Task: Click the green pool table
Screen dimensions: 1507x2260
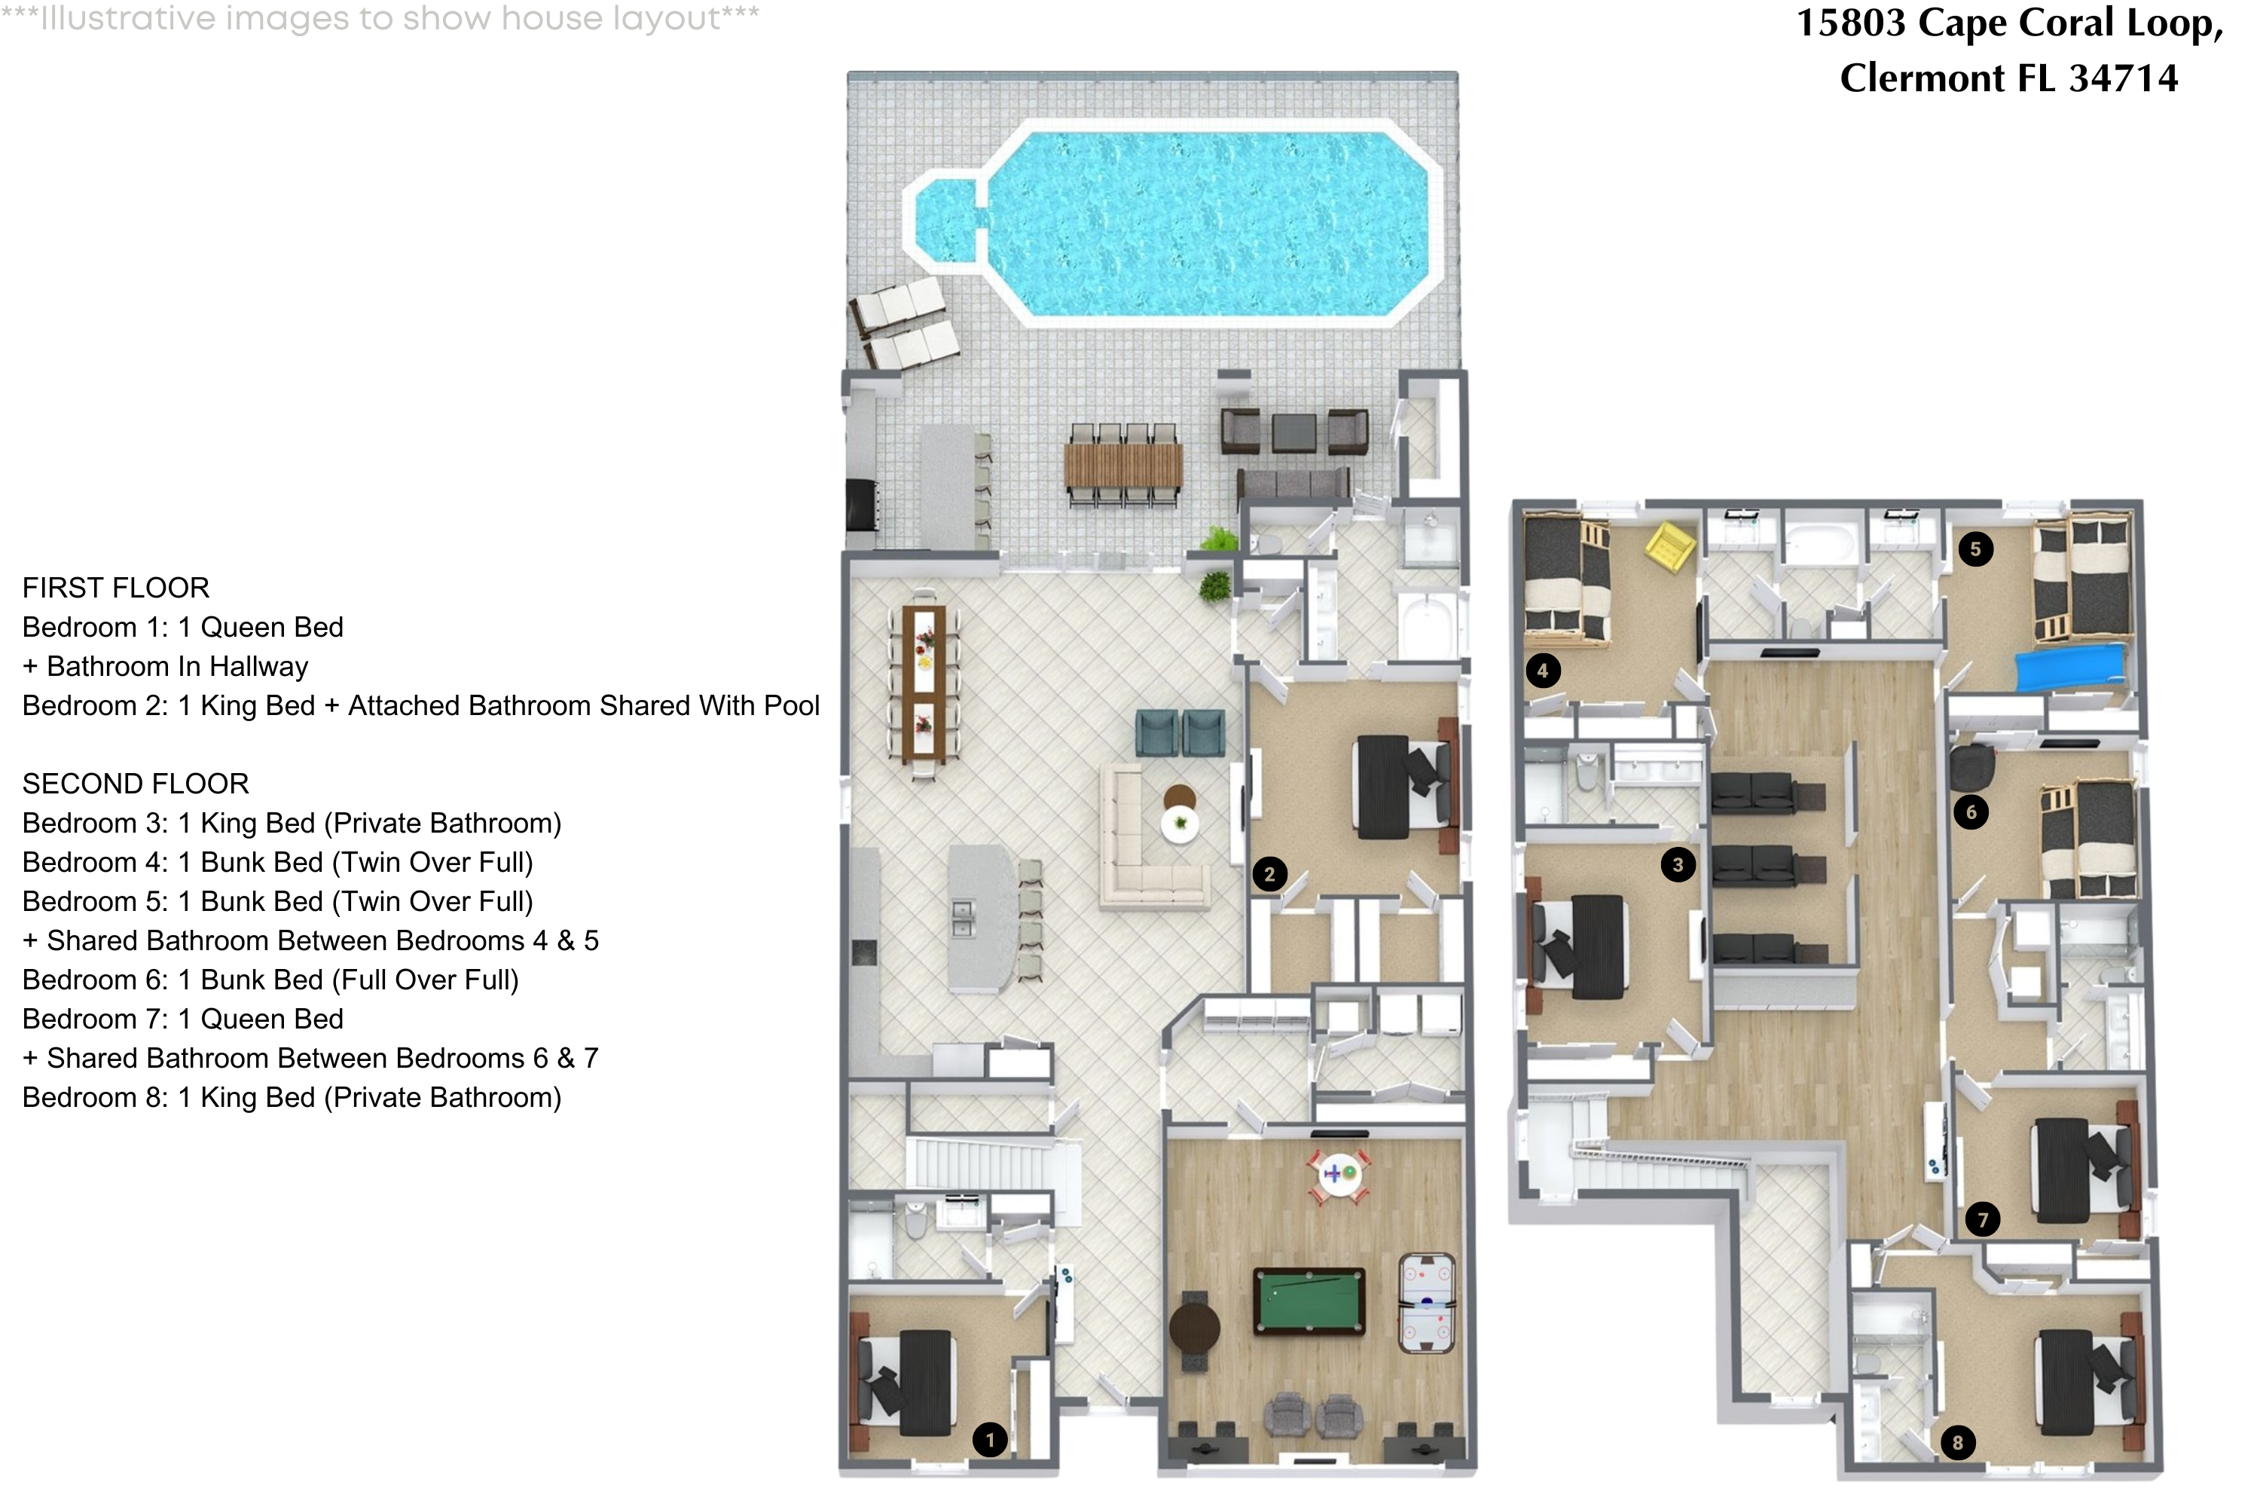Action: [x=1309, y=1301]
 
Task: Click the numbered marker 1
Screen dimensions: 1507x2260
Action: [x=990, y=1440]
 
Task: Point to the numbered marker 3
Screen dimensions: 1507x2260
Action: [x=1678, y=864]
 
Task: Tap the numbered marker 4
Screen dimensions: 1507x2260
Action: [x=1542, y=670]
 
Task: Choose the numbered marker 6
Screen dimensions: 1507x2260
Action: [x=1971, y=812]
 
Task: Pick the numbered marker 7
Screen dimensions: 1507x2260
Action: [x=1982, y=1220]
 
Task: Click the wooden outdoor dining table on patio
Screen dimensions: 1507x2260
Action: [x=1123, y=465]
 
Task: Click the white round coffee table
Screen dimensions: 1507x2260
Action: [x=1180, y=824]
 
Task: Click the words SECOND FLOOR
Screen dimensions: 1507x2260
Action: [x=136, y=784]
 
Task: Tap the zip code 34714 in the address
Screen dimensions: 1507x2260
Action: [x=2123, y=78]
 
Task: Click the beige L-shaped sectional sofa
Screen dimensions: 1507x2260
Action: [x=1138, y=845]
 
